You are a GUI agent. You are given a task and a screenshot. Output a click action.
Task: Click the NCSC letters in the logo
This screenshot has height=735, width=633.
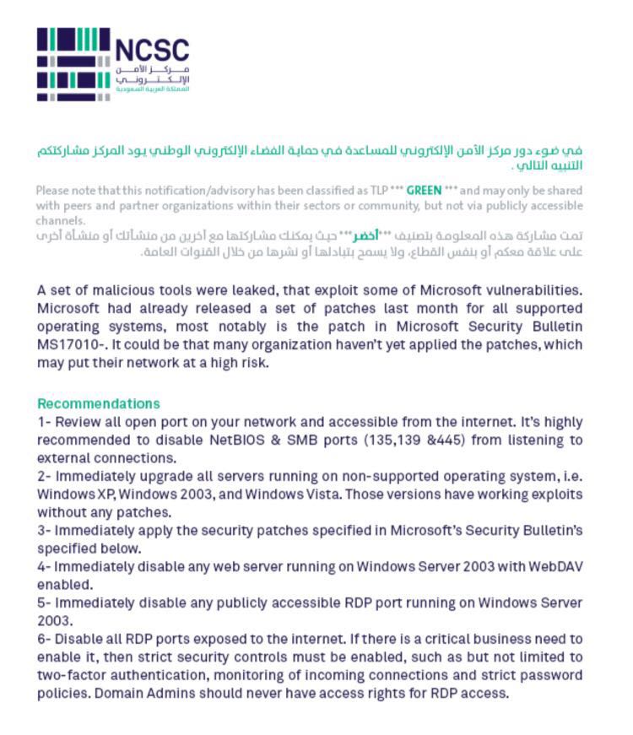click(x=152, y=49)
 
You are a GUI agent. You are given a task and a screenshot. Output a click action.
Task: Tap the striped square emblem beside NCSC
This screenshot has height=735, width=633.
click(x=73, y=64)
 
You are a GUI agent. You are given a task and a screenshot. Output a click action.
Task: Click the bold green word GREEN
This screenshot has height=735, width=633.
click(x=424, y=191)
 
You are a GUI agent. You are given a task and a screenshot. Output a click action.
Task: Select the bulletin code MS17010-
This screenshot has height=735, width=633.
click(x=70, y=344)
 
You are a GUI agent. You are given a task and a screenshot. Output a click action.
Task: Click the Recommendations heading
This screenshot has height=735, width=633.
click(x=98, y=403)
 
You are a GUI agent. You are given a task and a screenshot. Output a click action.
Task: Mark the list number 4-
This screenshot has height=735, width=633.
click(x=46, y=565)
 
